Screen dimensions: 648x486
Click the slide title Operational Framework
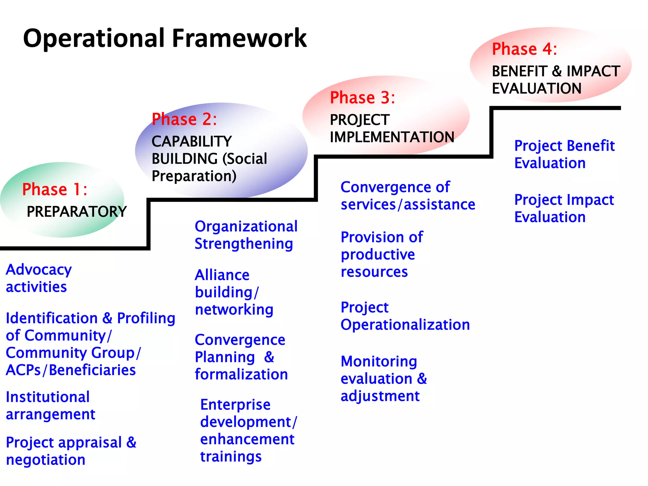[x=165, y=39]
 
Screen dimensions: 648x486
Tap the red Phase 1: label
[x=54, y=190]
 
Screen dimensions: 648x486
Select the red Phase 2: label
[x=184, y=120]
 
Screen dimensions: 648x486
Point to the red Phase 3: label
[x=362, y=98]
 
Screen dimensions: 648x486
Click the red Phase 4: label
[x=524, y=49]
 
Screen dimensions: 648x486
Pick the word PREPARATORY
[x=77, y=212]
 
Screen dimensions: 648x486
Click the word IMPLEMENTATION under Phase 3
[x=392, y=137]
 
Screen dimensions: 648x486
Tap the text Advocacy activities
[x=39, y=278]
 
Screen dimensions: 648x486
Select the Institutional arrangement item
[x=50, y=406]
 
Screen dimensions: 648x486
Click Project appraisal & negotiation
[x=71, y=451]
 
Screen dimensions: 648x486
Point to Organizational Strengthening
[x=246, y=235]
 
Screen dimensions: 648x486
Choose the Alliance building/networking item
[x=234, y=292]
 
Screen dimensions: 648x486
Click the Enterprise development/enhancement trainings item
[x=248, y=431]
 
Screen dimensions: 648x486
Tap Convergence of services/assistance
[x=408, y=196]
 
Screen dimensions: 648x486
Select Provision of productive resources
[x=382, y=254]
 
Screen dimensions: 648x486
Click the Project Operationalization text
[x=405, y=316]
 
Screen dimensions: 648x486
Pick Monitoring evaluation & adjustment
[x=383, y=379]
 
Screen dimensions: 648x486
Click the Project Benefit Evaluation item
[x=564, y=154]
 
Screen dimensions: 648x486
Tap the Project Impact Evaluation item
[x=564, y=209]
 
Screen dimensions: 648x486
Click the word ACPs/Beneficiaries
[x=71, y=370]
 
